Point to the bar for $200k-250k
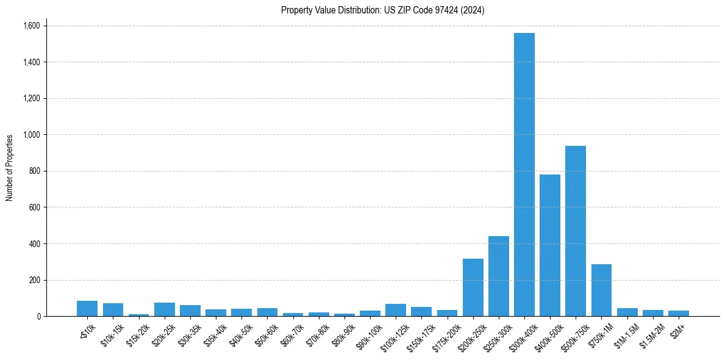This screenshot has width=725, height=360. click(473, 287)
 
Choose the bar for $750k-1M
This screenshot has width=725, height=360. click(601, 290)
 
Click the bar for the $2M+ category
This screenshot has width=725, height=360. click(678, 313)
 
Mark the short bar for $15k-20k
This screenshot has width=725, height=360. click(138, 315)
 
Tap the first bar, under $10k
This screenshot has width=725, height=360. click(87, 308)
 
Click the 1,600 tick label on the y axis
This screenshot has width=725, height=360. click(31, 26)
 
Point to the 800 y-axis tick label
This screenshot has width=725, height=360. click(35, 171)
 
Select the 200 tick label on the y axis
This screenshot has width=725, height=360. click(35, 280)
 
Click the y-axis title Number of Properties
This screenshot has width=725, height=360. click(10, 168)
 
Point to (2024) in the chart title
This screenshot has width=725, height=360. click(473, 10)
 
